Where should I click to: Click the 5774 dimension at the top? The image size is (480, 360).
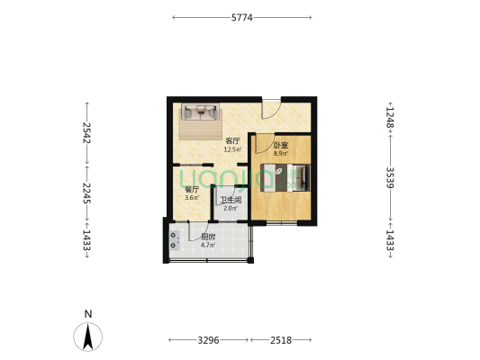(x=241, y=17)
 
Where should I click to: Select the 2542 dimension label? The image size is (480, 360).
(x=86, y=132)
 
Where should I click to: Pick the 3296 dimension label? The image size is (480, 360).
(x=208, y=340)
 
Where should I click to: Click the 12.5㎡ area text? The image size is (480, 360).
(x=232, y=149)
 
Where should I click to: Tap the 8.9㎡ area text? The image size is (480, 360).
(x=281, y=153)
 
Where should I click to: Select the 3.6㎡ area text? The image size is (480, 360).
(x=191, y=197)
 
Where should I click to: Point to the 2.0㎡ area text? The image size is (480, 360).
(x=231, y=208)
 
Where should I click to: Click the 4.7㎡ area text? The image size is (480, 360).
(x=207, y=245)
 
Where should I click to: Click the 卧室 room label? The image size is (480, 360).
(x=281, y=145)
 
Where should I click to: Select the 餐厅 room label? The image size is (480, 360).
(x=191, y=189)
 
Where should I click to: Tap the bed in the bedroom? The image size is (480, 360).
(x=286, y=177)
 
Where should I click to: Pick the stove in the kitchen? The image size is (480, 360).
(x=173, y=239)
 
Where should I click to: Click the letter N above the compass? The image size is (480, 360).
(x=87, y=313)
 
